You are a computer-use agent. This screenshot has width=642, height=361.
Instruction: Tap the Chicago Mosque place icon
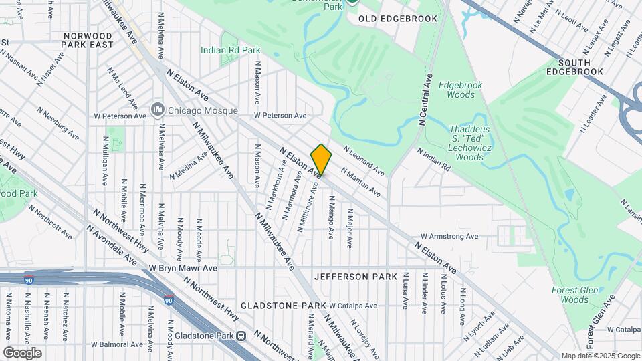[x=158, y=108]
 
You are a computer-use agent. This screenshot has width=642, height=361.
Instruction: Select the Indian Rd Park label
[x=231, y=50]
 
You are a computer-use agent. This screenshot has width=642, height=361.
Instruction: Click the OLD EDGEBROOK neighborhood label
[x=398, y=19]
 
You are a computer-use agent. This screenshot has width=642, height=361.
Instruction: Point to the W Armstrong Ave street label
[x=449, y=236]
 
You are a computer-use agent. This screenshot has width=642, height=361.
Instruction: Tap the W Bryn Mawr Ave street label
[x=183, y=267]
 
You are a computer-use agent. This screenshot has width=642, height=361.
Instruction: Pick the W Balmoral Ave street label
[x=118, y=345]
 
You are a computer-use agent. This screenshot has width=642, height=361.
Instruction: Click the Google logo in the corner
[x=22, y=352]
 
